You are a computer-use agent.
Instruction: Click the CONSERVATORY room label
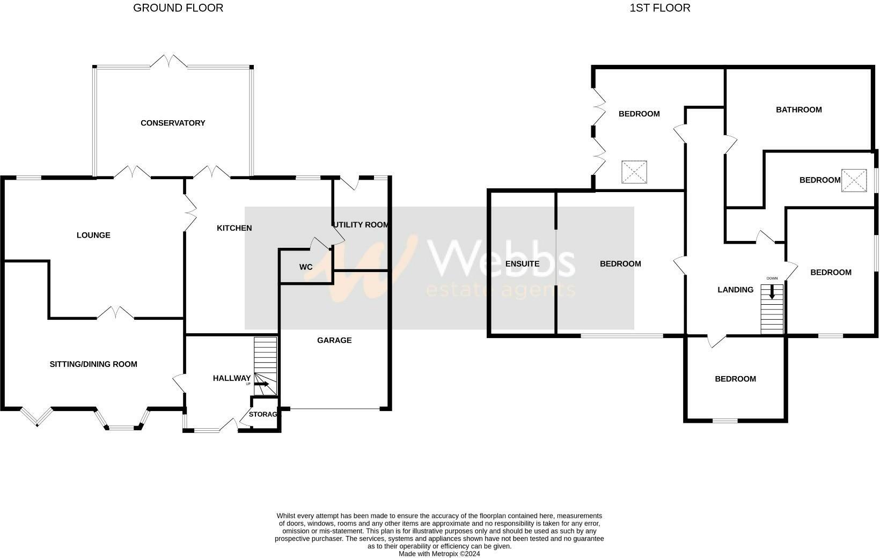173,123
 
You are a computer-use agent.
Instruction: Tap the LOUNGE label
93,235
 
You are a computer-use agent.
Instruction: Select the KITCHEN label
234,228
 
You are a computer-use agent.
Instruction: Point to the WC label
306,267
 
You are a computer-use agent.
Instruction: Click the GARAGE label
334,340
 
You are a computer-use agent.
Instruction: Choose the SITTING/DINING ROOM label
93,364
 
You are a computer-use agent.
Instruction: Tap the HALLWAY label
232,378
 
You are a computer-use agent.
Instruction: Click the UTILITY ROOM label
361,225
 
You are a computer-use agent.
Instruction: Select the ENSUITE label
522,264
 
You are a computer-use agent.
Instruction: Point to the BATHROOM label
798,110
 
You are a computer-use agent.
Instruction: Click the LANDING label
735,290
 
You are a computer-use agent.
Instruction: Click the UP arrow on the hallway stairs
262,384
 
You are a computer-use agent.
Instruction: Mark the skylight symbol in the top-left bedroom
634,172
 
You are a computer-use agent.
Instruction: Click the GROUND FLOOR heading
178,8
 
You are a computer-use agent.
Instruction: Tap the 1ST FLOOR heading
660,8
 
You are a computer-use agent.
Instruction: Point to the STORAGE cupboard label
263,414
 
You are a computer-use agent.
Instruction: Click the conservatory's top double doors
169,62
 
